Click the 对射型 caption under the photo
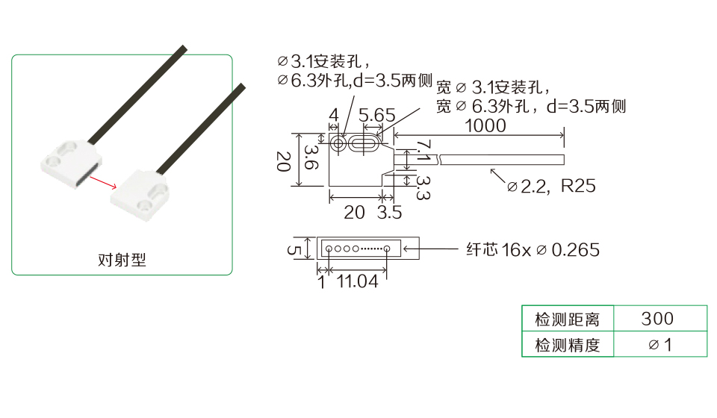(x=122, y=260)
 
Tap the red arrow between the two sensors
(x=103, y=182)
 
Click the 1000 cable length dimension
(x=485, y=125)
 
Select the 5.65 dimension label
(x=376, y=115)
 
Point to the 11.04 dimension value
(x=357, y=281)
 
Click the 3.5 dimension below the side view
(x=390, y=213)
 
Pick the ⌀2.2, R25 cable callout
(x=551, y=186)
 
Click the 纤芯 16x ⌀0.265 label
(x=533, y=250)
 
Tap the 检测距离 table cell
(x=567, y=319)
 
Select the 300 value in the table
(x=657, y=319)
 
